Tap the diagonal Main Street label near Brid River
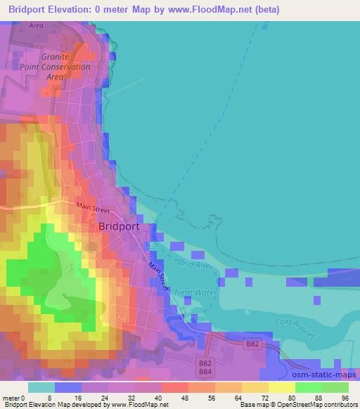pos(160,273)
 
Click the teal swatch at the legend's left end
pos(41,387)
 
